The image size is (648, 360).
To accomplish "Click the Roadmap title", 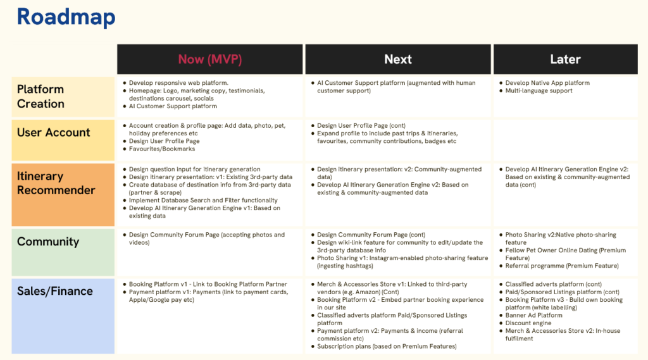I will pos(66,17).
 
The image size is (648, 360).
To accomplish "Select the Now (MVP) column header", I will pos(209,59).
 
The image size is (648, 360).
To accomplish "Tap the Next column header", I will pos(398,59).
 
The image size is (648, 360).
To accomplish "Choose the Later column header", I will pos(565,59).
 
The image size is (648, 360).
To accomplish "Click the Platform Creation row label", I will pos(40,96).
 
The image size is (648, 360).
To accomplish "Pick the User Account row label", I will pos(54,132).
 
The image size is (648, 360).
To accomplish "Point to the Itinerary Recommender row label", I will pos(56,183).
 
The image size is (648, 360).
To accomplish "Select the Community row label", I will pos(48,242).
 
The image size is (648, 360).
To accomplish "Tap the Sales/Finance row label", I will pos(55,291).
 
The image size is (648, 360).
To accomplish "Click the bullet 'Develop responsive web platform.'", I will pos(178,83).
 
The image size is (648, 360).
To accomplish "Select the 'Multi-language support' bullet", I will pos(539,90).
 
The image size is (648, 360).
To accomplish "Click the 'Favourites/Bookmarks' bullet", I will pos(162,149).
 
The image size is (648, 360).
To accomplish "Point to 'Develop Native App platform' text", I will pos(547,83).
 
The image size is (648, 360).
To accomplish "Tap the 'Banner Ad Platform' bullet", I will pos(533,315).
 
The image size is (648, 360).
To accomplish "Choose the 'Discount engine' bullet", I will pos(528,323).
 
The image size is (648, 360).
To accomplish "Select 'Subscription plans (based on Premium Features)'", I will pos(386,346).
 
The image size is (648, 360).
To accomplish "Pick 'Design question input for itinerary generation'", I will pos(194,169).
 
